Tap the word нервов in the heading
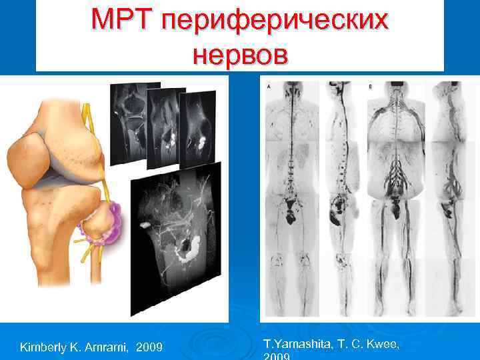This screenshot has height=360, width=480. [241, 54]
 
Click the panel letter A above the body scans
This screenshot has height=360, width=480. [268, 86]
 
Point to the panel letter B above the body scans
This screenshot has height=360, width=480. [370, 86]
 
